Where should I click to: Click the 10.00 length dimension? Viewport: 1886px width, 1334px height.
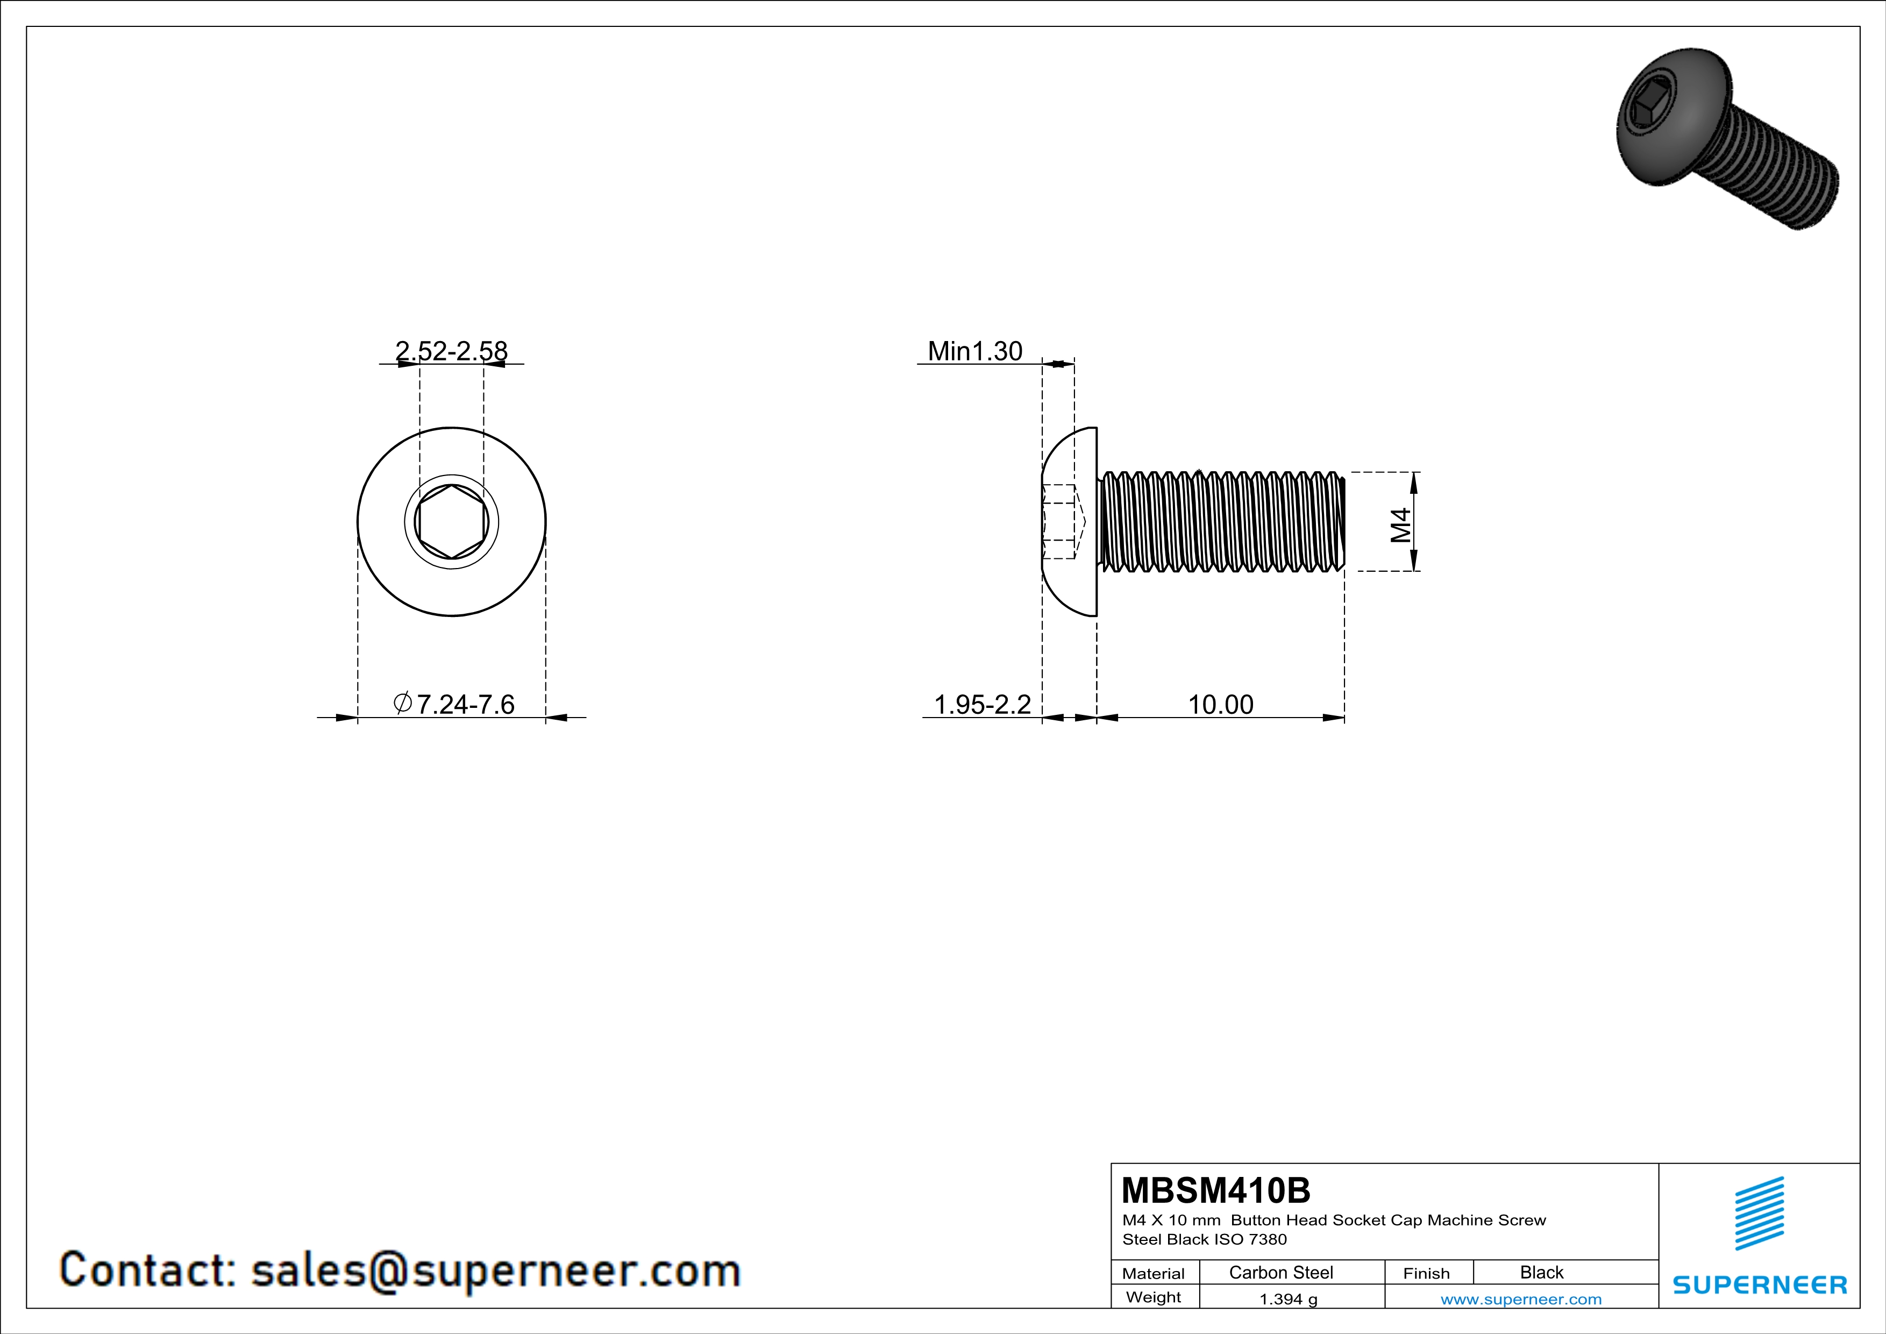pyautogui.click(x=1221, y=704)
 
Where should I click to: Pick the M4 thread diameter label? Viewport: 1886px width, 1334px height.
pyautogui.click(x=1400, y=525)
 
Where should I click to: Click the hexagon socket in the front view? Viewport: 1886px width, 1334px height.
pyautogui.click(x=451, y=522)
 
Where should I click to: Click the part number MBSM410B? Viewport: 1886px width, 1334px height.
pyautogui.click(x=1216, y=1190)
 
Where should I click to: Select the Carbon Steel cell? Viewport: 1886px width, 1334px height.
pyautogui.click(x=1280, y=1272)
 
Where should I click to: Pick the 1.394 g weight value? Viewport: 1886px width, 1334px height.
pyautogui.click(x=1288, y=1298)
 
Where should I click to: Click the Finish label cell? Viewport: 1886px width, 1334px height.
pyautogui.click(x=1426, y=1273)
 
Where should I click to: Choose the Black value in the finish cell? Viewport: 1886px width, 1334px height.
pyautogui.click(x=1541, y=1272)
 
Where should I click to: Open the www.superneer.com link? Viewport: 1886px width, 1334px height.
pyautogui.click(x=1520, y=1298)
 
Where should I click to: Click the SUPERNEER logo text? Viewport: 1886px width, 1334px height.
pyautogui.click(x=1760, y=1285)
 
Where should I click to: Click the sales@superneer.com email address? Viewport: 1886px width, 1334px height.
pyautogui.click(x=495, y=1270)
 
